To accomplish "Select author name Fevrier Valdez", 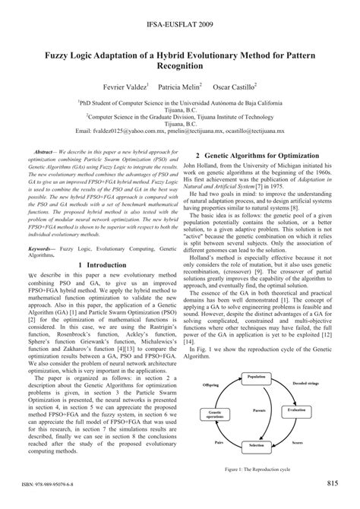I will coord(106,87).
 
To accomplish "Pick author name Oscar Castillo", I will coord(244,87).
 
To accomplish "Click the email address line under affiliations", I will coord(179,129).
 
